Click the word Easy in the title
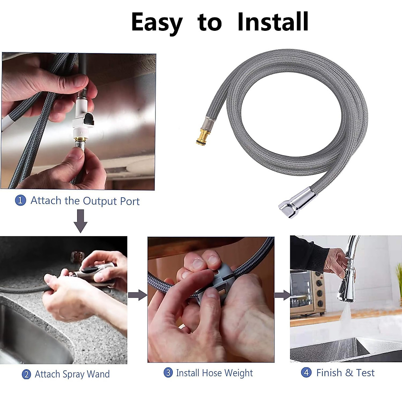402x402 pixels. pyautogui.click(x=156, y=22)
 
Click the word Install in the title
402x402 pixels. pyautogui.click(x=273, y=22)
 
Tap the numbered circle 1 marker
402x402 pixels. pyautogui.click(x=20, y=201)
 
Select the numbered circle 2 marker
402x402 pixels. pyautogui.click(x=26, y=374)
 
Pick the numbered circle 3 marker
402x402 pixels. pyautogui.click(x=168, y=373)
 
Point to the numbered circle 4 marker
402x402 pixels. pyautogui.click(x=306, y=373)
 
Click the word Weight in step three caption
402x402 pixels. pyautogui.click(x=239, y=373)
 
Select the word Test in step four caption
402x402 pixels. pyautogui.click(x=365, y=373)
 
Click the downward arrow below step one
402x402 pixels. pyautogui.click(x=80, y=221)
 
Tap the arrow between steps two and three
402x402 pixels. pyautogui.click(x=137, y=295)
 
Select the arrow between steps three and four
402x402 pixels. pyautogui.click(x=282, y=295)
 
